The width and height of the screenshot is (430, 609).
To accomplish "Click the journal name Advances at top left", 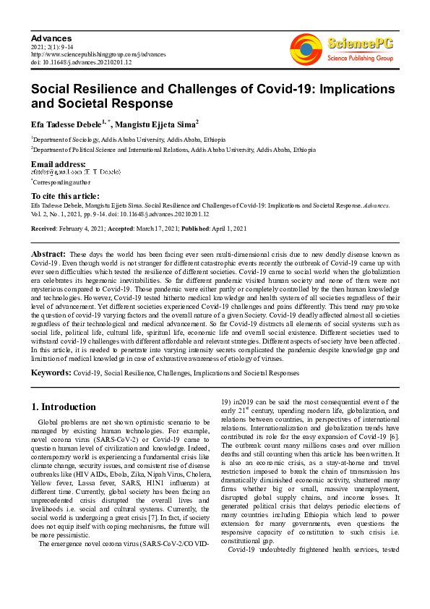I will (51, 37).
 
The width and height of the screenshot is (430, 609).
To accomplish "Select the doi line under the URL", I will (82, 61).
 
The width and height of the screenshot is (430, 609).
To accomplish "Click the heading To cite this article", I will (65, 196).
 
